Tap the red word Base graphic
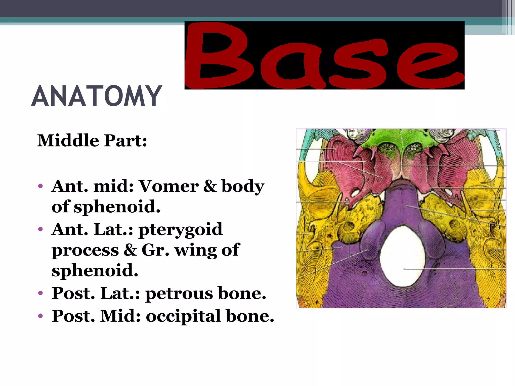tap(324, 56)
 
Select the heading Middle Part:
tap(92, 140)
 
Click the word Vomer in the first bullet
tap(169, 186)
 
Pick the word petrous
tap(179, 294)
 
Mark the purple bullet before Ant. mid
tap(40, 186)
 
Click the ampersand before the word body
tap(210, 186)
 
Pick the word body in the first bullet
tap(243, 187)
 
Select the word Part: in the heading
tap(125, 140)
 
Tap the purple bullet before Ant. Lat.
tap(40, 229)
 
